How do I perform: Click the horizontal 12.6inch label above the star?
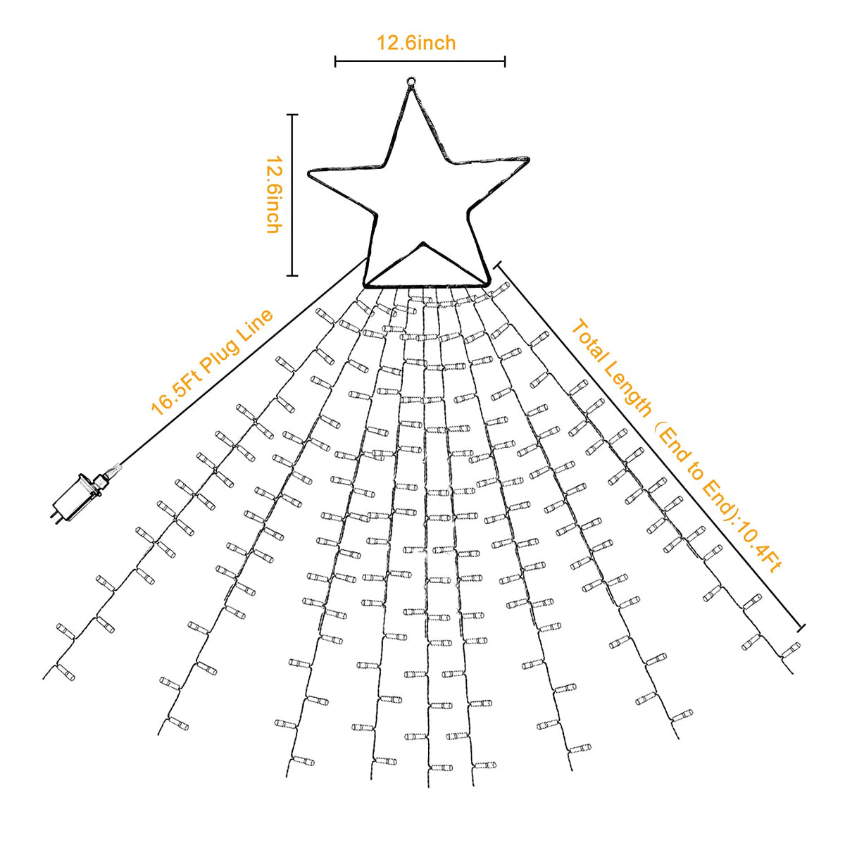point(417,43)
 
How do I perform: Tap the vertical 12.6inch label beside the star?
point(275,194)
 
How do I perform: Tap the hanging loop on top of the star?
point(411,81)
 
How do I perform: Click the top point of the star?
point(411,88)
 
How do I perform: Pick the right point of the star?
point(528,158)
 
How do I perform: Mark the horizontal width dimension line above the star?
point(420,61)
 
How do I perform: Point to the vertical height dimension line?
point(292,195)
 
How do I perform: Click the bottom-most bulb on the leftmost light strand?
point(65,670)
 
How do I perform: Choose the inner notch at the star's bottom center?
point(423,242)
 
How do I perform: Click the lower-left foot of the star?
point(365,285)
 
